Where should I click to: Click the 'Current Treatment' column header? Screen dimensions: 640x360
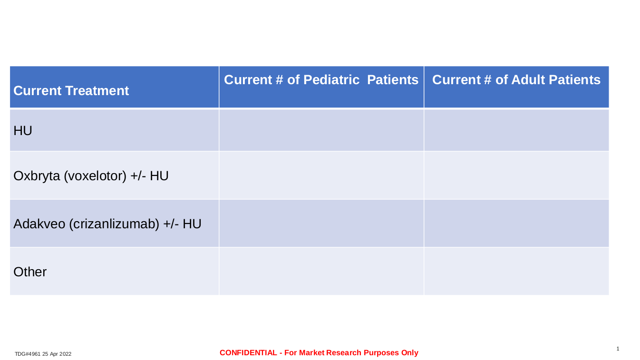tap(71, 91)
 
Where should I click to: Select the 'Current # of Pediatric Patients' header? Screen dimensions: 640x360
tap(321, 80)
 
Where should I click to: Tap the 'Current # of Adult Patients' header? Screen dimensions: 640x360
tap(516, 80)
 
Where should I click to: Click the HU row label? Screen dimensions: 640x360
tap(22, 131)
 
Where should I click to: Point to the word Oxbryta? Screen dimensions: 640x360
tap(37, 176)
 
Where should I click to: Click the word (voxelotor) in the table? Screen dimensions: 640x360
tap(95, 176)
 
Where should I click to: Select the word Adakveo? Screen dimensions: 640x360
tap(39, 224)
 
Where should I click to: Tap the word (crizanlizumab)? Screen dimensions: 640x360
tap(114, 224)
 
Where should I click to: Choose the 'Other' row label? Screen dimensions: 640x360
tap(29, 272)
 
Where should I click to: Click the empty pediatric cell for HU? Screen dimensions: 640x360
tap(321, 130)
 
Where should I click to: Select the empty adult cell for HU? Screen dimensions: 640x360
tap(516, 130)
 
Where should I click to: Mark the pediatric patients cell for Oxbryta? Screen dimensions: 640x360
tap(321, 175)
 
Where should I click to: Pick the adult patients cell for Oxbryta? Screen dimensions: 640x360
tap(516, 175)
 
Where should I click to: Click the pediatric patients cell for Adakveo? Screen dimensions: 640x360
tap(321, 224)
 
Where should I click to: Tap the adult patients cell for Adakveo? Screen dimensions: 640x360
tap(516, 224)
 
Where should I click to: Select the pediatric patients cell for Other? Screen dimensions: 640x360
tap(321, 272)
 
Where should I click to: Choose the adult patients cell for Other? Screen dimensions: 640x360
tap(516, 272)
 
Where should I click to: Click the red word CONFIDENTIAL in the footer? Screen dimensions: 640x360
tap(248, 353)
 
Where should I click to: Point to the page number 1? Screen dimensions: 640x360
tap(618, 349)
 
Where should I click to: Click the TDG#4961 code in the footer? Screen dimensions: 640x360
tap(28, 354)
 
